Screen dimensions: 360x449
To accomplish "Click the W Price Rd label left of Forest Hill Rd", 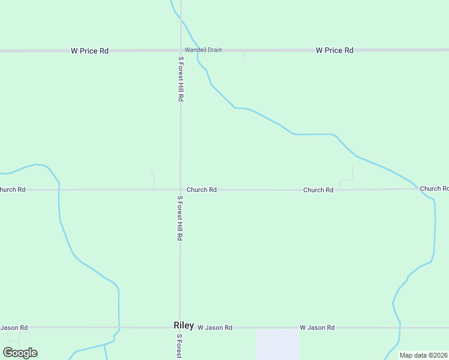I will point(89,51).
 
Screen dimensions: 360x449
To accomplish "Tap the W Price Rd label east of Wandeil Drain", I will point(334,50).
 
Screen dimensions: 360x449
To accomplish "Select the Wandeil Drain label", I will point(203,50).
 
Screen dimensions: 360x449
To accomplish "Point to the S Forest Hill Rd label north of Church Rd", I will point(180,79).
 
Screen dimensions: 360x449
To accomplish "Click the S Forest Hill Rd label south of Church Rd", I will point(179,218).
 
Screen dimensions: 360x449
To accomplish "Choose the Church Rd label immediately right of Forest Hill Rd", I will point(201,190).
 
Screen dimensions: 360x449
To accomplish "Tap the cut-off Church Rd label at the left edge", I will point(13,190).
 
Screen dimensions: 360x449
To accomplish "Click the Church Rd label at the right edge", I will point(434,188).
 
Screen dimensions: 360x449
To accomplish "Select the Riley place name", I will point(184,325).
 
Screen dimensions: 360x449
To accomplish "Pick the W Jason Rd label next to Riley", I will point(214,328).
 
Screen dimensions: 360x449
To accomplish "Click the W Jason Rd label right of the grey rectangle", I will point(317,328).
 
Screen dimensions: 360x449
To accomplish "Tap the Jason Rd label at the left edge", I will point(14,328).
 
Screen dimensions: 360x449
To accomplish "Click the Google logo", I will point(20,353).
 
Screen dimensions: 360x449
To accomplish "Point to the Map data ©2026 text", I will point(423,355).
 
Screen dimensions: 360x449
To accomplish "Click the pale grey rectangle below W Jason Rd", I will point(277,344).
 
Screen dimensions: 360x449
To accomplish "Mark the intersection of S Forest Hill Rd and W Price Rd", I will point(181,51).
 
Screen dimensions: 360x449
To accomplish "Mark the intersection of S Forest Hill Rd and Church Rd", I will point(180,190).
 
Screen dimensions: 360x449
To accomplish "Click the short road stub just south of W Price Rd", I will point(243,56).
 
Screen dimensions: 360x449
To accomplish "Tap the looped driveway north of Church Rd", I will point(347,178).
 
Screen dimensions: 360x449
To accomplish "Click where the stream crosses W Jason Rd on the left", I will point(119,328).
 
